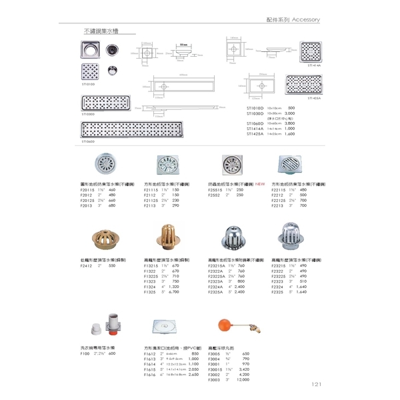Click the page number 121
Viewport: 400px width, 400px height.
click(x=317, y=385)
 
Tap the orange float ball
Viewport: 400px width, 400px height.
click(x=225, y=325)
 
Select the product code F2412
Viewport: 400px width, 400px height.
click(x=85, y=265)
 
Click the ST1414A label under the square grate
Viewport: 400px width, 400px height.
click(x=314, y=66)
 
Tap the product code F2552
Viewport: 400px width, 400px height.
click(x=213, y=195)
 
